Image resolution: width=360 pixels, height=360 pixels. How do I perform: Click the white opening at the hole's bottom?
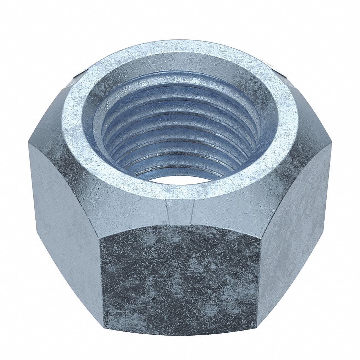coord(178,179)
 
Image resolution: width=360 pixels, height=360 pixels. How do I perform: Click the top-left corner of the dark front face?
coord(100,237)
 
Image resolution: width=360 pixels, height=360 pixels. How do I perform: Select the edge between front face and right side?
coord(259,281)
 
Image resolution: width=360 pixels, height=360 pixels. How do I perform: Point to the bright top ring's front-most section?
coord(180,192)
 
